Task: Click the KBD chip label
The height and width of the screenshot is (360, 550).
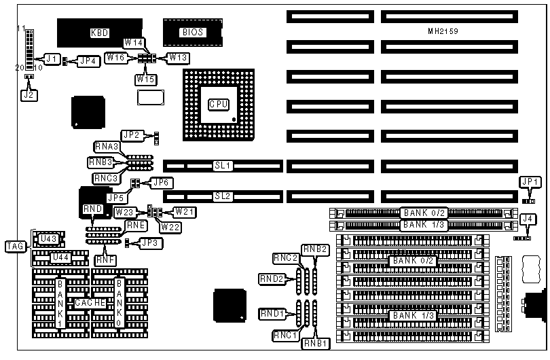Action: click(x=100, y=32)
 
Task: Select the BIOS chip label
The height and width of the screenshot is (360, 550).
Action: click(x=192, y=32)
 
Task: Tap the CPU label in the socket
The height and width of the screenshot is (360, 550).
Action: click(x=219, y=104)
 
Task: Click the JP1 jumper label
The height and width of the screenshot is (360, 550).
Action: click(x=530, y=182)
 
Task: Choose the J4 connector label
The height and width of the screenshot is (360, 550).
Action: click(x=528, y=218)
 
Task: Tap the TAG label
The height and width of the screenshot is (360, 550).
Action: click(x=14, y=246)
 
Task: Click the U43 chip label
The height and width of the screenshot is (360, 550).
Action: click(x=48, y=238)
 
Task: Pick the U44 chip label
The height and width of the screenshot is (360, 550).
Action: click(x=60, y=257)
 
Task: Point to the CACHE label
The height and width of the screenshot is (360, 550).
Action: click(x=90, y=302)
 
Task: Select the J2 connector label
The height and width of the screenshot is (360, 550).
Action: click(x=28, y=95)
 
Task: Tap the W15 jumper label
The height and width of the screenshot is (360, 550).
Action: click(x=145, y=79)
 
